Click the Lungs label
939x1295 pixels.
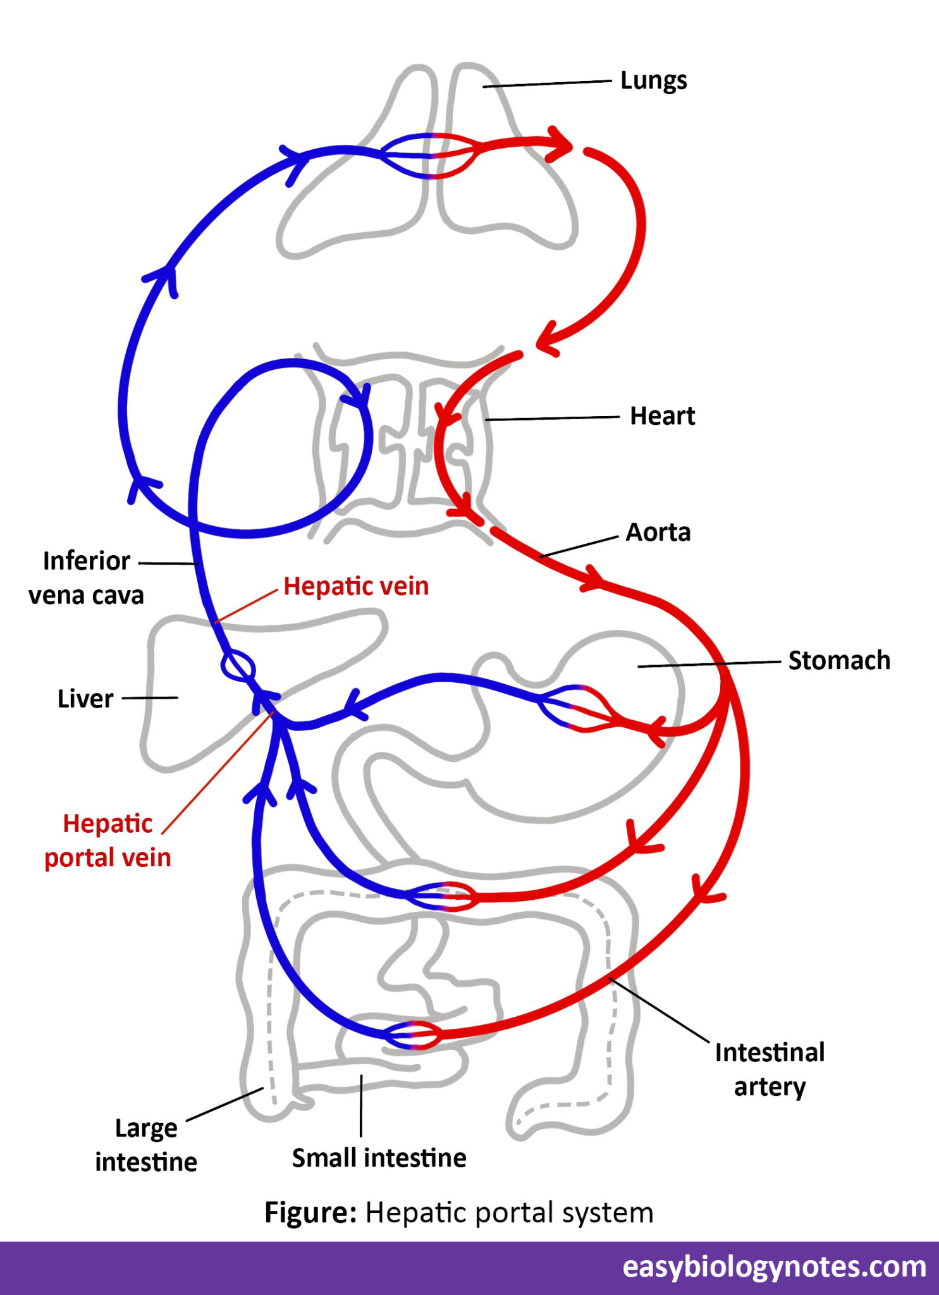coord(653,81)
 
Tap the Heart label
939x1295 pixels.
coord(662,416)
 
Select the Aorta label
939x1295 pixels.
coord(658,532)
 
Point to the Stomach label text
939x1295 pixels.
coord(838,660)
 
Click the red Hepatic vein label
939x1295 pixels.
coord(356,586)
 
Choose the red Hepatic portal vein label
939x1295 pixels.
coord(107,840)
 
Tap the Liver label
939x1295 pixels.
coord(85,699)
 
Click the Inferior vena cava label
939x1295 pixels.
coord(86,578)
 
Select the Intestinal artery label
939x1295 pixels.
coord(770,1069)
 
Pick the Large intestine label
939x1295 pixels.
coord(146,1145)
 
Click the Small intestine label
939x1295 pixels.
coord(379,1158)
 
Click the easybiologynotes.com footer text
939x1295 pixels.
coord(774,1267)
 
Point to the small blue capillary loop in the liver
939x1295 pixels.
coord(238,666)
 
